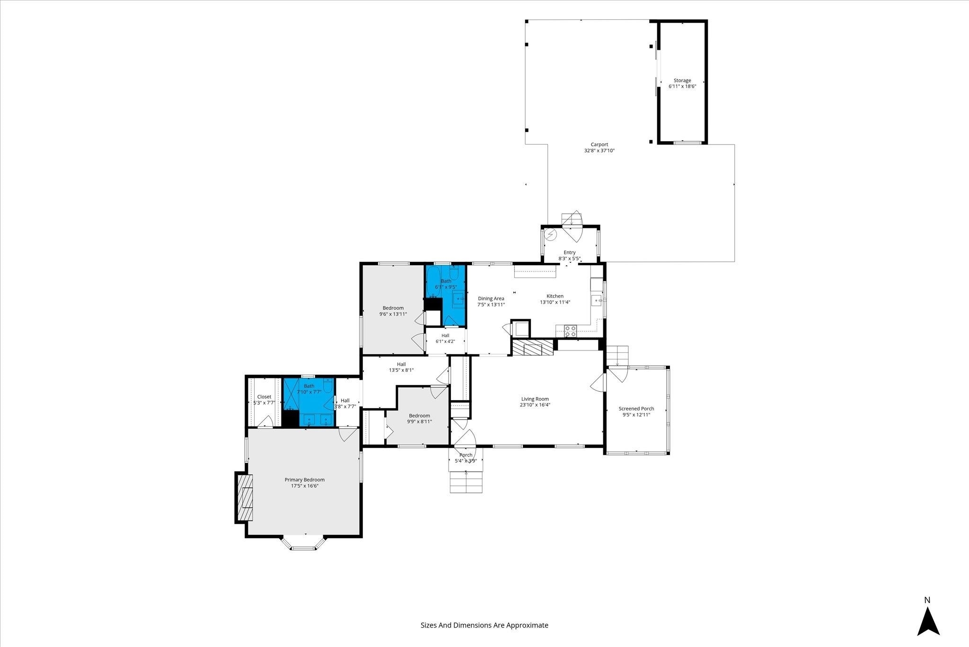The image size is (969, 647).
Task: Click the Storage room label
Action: point(682,81)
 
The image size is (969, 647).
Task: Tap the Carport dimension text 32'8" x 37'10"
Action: point(599,151)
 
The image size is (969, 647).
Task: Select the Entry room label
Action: point(570,252)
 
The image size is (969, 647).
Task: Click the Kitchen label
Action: point(555,296)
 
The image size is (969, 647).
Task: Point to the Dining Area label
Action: point(491,298)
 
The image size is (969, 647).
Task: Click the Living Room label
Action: point(535,399)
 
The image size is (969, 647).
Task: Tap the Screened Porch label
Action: point(636,409)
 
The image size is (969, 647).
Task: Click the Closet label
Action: point(264,397)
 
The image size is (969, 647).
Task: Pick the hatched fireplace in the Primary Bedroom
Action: point(245,497)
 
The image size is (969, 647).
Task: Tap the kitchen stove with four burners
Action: point(570,331)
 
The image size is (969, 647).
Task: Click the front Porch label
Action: point(466,455)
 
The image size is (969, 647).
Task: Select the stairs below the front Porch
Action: point(466,483)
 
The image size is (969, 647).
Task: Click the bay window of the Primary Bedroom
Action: point(303,544)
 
